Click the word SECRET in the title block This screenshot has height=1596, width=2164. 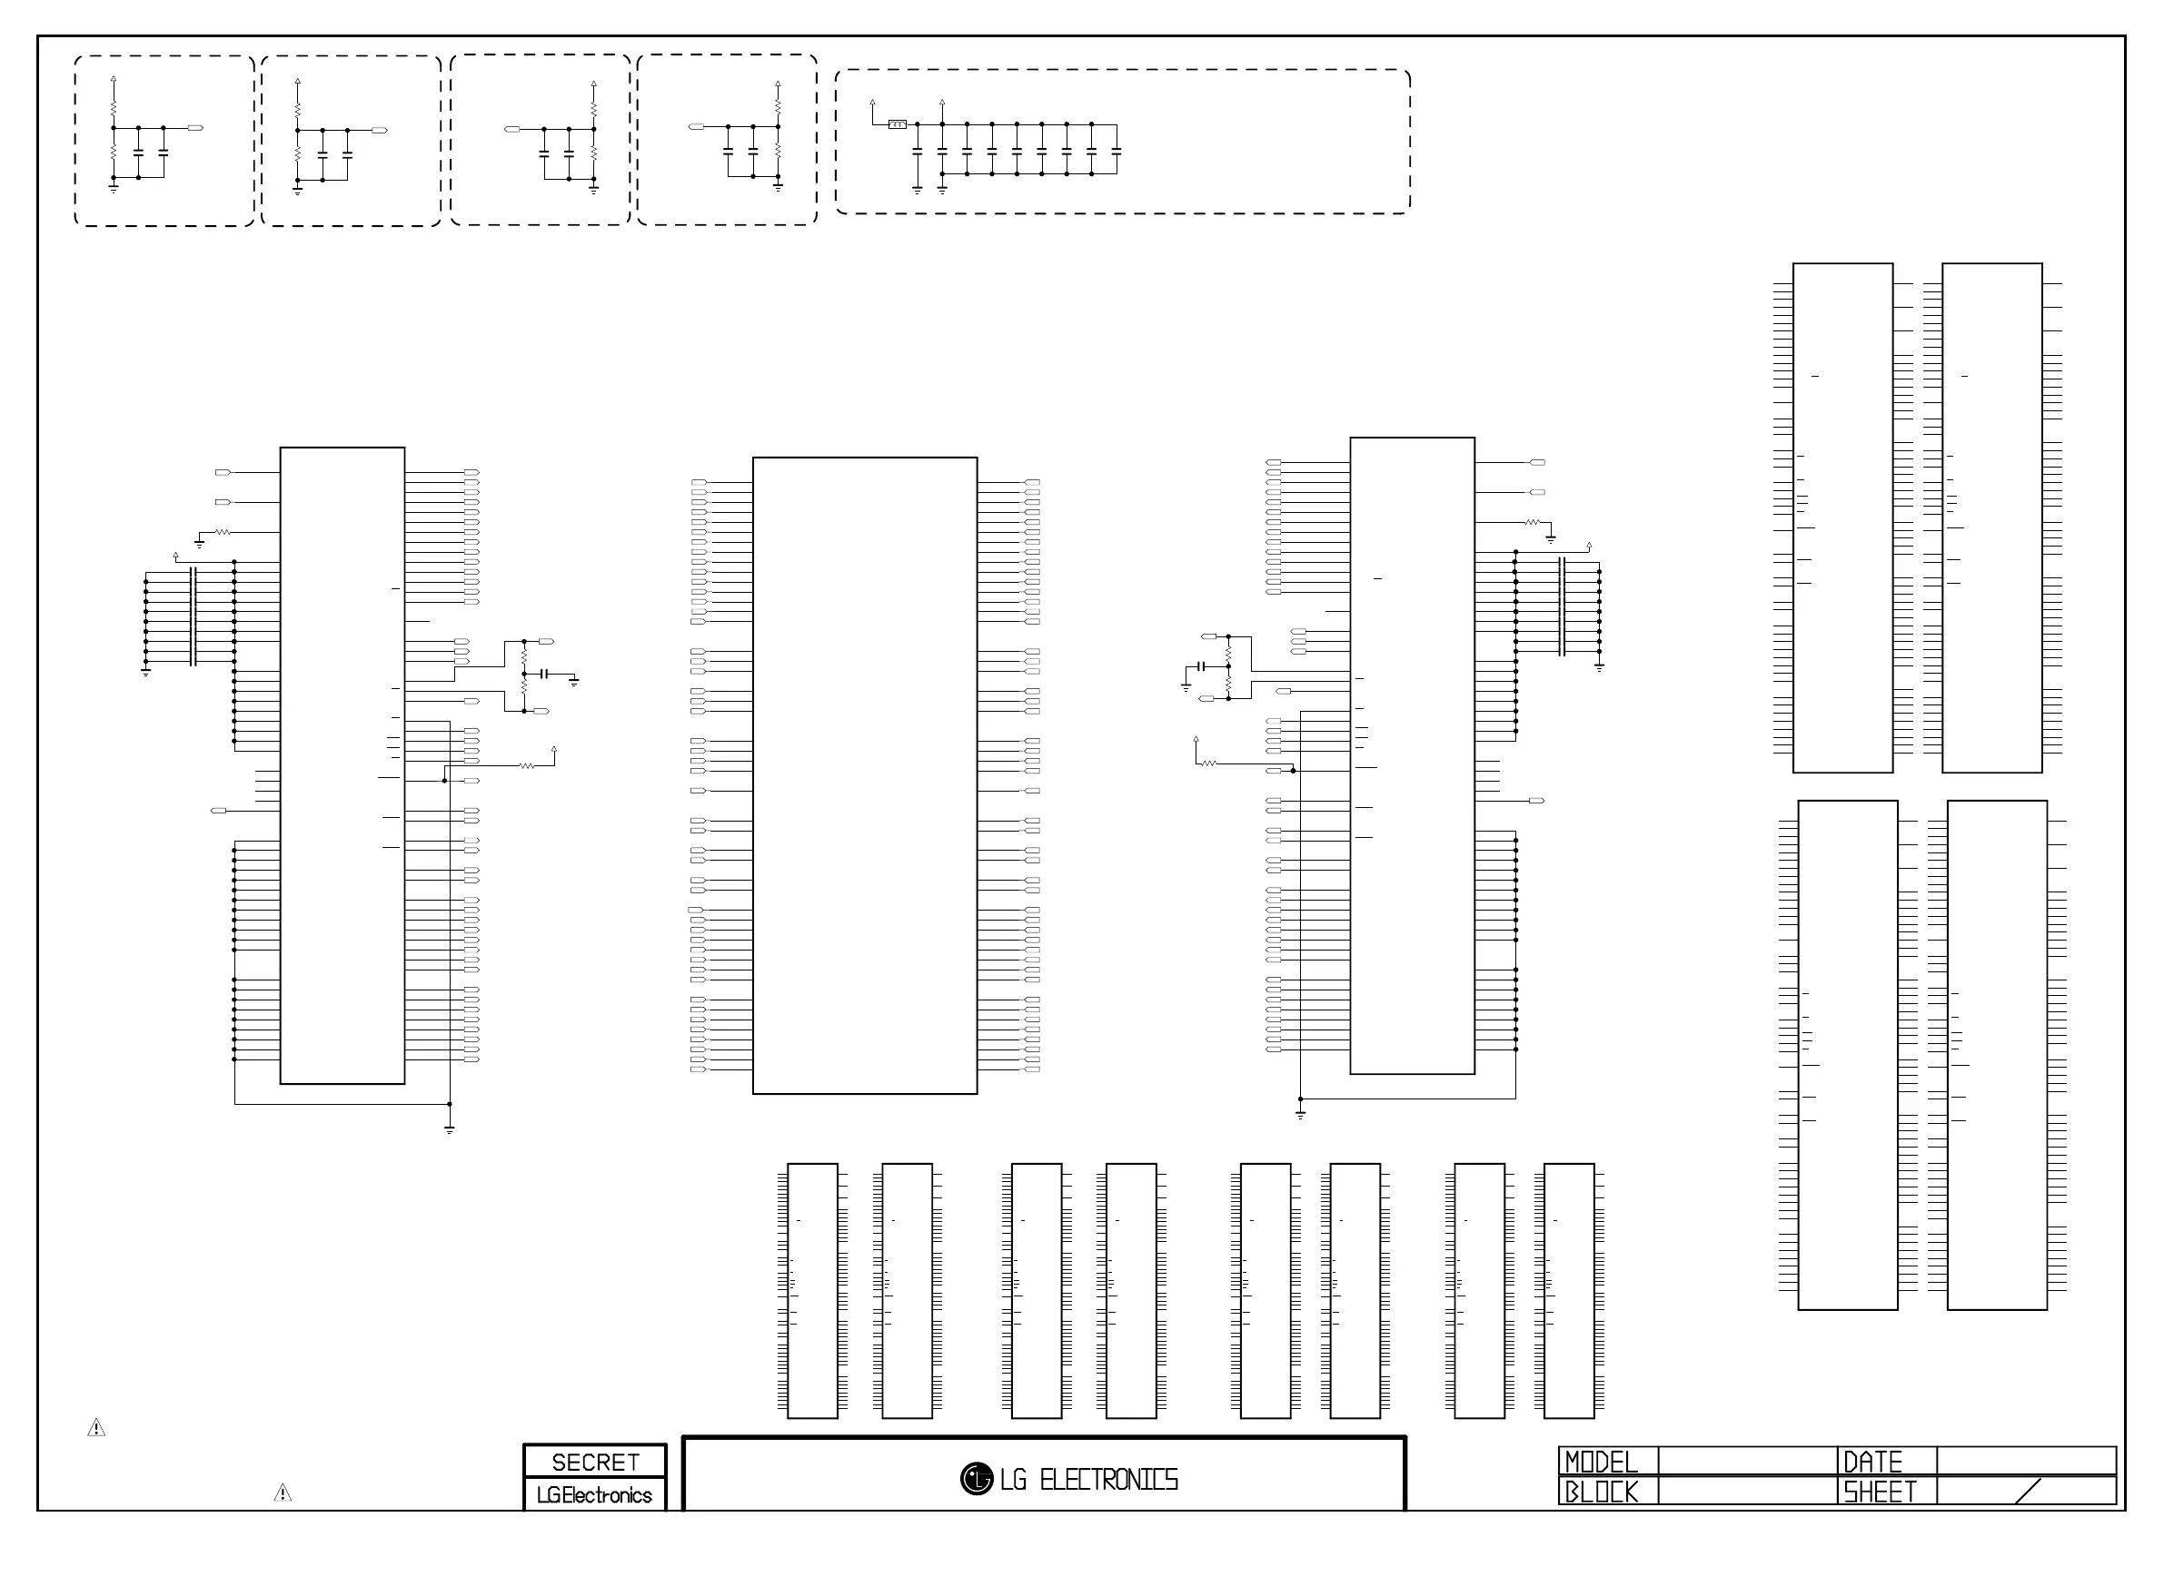tap(594, 1462)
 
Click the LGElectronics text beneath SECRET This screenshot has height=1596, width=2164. tap(594, 1494)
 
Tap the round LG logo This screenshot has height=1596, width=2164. tap(977, 1478)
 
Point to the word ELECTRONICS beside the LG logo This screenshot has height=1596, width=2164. tap(1108, 1479)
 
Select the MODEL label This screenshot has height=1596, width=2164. tap(1602, 1461)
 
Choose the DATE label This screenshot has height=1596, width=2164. tap(1872, 1461)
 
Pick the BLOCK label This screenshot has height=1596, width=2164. tap(1602, 1492)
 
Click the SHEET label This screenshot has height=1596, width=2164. tap(1879, 1492)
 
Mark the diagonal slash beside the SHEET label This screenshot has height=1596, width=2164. tap(2028, 1491)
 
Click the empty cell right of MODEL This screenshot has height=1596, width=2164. tap(1746, 1461)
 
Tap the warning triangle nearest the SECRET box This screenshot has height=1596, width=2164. tap(283, 1493)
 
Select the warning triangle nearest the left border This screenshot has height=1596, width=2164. tap(96, 1427)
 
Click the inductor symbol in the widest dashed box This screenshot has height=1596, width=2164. tap(897, 124)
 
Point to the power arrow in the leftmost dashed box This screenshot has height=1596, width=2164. tap(113, 79)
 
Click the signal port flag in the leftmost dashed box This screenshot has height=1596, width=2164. tap(195, 127)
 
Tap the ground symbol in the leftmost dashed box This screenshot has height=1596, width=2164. tap(113, 189)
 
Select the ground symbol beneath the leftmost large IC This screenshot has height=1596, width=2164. tap(450, 1128)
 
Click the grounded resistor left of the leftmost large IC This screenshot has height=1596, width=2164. tap(223, 532)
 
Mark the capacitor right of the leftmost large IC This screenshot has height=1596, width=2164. tap(544, 674)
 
